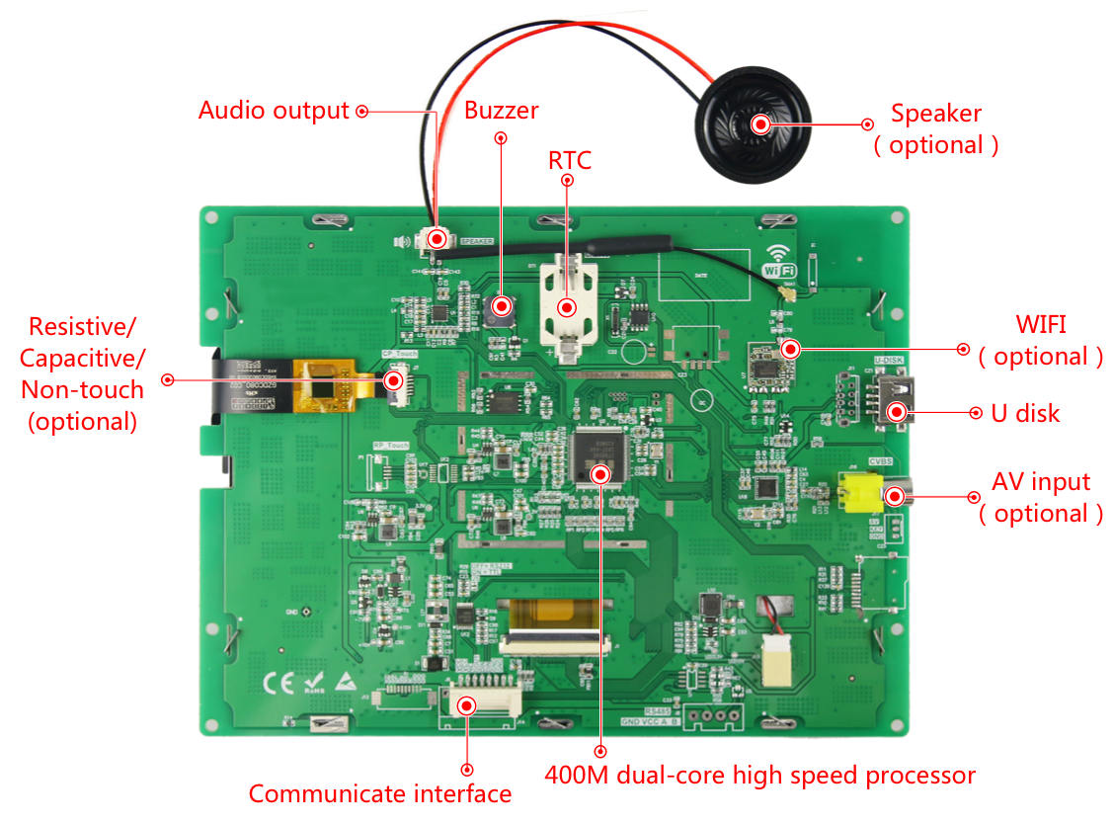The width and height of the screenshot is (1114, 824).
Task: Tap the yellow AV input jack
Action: coord(856,492)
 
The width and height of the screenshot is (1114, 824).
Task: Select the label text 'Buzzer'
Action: coord(502,110)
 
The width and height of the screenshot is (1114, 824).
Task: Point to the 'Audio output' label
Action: coord(274,110)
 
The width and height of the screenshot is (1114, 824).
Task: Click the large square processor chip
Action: coord(599,455)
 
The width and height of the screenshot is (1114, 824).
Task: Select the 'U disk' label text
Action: coord(1025,413)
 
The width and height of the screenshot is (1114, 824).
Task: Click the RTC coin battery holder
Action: coord(567,296)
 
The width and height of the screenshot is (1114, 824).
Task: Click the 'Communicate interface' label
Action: coord(380,793)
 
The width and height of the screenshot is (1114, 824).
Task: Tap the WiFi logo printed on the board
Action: coord(779,260)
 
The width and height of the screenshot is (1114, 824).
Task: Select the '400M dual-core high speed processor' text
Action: coord(759,775)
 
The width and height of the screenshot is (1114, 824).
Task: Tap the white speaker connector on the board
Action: coord(436,238)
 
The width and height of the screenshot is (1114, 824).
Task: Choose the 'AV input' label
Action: coord(1041,482)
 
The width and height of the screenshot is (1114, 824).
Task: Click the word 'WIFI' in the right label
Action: coord(1041,324)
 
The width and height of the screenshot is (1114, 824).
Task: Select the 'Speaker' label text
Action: coord(936,113)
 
